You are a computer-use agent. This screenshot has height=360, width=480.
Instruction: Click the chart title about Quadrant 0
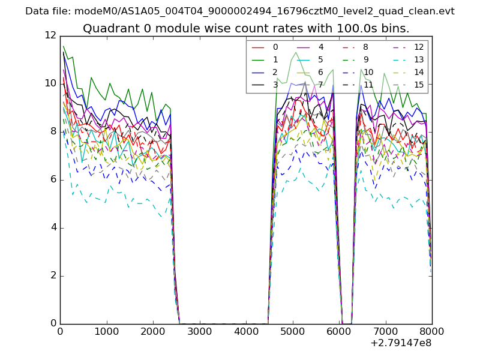point(246,28)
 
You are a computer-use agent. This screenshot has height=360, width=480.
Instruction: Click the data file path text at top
point(240,11)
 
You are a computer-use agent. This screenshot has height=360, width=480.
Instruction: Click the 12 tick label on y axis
point(50,35)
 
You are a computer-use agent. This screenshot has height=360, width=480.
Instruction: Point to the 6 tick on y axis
point(53,179)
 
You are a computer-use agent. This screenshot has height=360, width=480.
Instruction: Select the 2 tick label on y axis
point(53,275)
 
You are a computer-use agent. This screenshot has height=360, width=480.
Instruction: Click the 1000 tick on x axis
point(106,331)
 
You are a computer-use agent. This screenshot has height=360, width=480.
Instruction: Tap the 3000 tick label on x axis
point(199,331)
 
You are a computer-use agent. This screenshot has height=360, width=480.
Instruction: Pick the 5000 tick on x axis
point(292,331)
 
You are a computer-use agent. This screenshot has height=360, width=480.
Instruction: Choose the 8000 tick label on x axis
point(432,331)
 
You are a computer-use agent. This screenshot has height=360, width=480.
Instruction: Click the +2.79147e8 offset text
point(400,343)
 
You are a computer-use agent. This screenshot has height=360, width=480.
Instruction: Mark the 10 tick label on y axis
point(50,83)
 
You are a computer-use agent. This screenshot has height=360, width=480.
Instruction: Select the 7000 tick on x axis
point(385,331)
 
